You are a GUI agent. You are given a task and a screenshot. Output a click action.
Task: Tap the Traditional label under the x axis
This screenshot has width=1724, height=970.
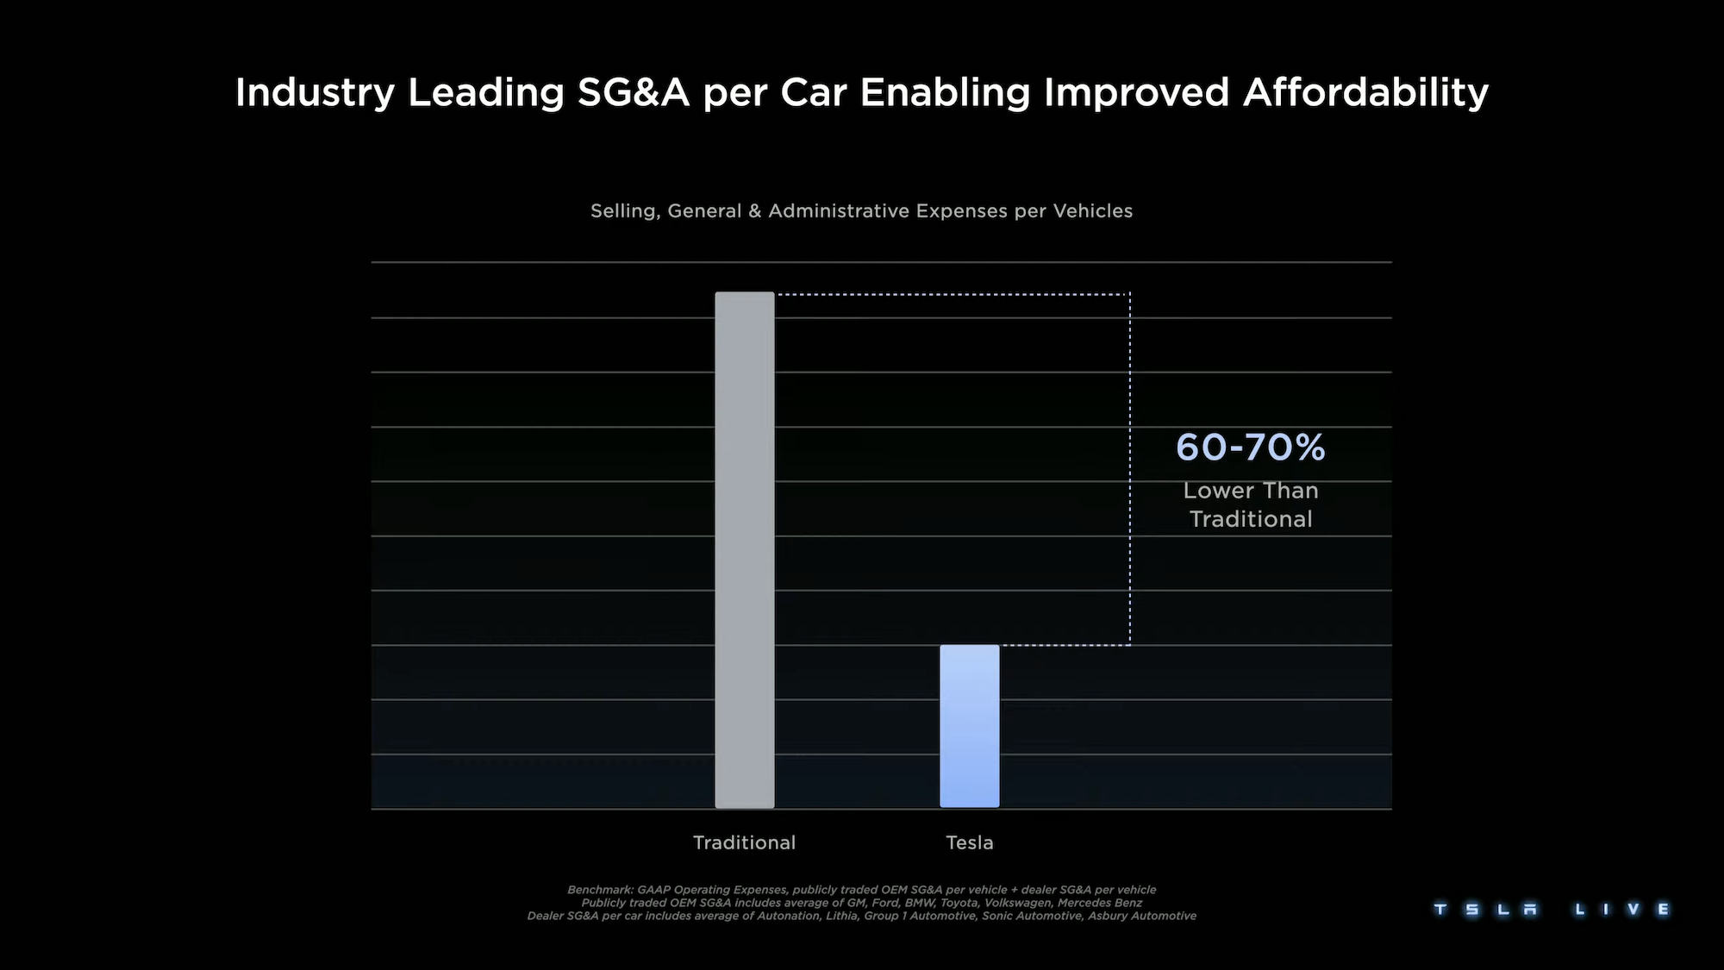point(744,842)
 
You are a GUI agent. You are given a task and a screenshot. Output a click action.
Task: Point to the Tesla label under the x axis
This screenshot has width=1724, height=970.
point(970,842)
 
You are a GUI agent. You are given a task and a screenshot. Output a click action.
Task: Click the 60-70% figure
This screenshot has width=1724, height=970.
point(1250,447)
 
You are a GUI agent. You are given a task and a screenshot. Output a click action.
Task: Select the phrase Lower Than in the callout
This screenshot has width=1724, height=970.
point(1251,491)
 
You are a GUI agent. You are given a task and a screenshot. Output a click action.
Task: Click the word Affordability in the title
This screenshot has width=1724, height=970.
point(1365,92)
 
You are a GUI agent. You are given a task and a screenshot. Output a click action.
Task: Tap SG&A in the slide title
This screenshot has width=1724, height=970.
point(634,92)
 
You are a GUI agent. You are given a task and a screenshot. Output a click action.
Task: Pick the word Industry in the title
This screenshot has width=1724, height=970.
point(315,92)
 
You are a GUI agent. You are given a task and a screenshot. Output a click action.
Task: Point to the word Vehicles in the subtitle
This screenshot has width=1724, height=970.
point(1093,211)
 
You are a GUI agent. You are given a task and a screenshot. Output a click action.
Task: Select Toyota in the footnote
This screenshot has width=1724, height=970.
point(959,903)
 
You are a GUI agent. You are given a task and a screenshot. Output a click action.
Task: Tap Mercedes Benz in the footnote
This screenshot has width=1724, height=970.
point(1099,903)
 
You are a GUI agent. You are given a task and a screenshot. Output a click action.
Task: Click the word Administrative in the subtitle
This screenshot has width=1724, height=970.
point(839,211)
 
